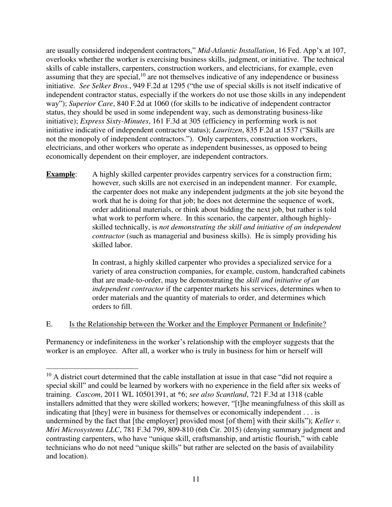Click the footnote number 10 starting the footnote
(49, 375)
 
